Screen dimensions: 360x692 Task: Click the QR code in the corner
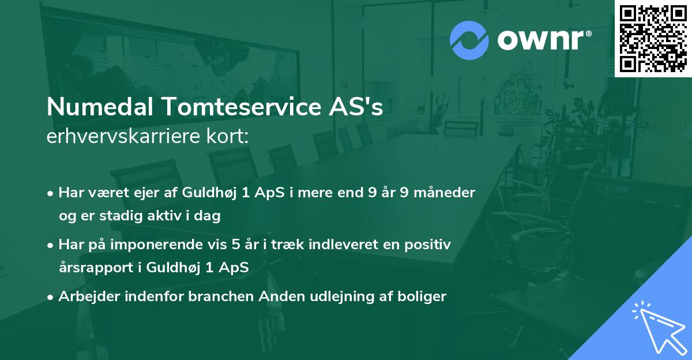coord(653,38)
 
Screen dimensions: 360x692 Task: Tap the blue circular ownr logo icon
coord(469,40)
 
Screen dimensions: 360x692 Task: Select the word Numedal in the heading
coord(100,107)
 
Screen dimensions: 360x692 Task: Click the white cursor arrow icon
coord(657,327)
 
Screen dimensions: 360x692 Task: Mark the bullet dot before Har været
coord(51,193)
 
